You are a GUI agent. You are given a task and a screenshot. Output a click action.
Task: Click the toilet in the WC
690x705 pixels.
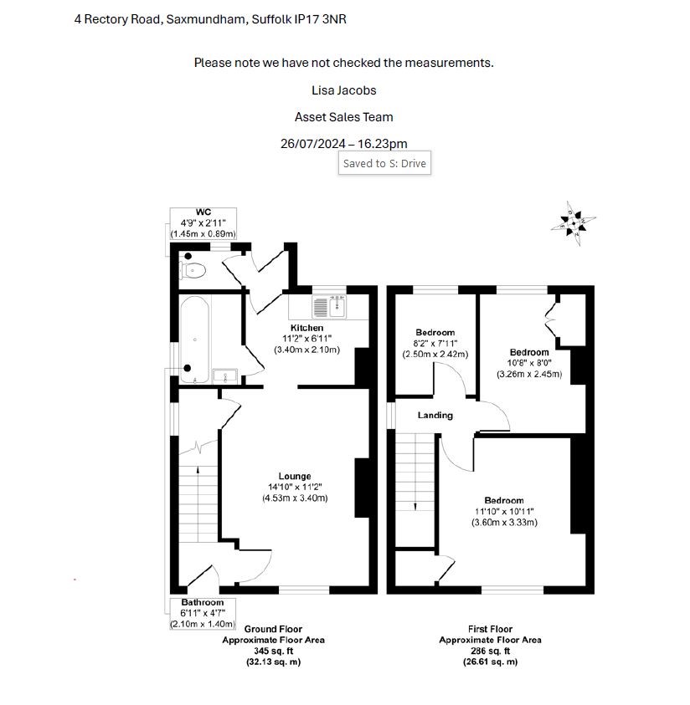tap(193, 271)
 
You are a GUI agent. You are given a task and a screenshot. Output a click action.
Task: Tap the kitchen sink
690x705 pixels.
tap(329, 307)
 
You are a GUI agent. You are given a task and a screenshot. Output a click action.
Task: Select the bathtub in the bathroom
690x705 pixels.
tap(194, 340)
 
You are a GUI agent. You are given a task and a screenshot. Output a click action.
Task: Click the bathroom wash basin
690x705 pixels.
tap(225, 375)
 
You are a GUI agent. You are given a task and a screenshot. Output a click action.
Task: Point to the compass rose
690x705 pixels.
tap(573, 223)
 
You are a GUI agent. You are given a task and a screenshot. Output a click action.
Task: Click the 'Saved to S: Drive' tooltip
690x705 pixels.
tap(384, 163)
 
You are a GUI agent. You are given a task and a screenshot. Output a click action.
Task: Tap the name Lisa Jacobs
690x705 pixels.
tap(344, 90)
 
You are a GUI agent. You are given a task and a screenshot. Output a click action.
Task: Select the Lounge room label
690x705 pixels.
tap(295, 476)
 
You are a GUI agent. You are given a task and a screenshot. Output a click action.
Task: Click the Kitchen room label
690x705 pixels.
tap(307, 328)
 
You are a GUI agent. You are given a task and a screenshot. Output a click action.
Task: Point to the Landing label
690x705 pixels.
tap(435, 416)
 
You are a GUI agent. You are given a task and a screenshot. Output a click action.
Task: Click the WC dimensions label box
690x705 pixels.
tap(203, 223)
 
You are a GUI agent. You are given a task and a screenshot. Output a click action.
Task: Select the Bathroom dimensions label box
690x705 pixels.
tap(203, 613)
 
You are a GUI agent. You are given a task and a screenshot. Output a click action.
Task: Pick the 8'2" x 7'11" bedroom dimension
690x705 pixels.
tap(435, 344)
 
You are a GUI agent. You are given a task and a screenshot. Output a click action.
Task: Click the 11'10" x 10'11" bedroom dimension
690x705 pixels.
tap(504, 512)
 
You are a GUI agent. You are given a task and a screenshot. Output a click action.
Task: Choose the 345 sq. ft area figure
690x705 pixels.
tap(274, 651)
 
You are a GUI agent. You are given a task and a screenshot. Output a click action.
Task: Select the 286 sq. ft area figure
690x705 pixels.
tap(491, 651)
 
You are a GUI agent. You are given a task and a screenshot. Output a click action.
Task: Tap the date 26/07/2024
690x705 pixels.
tap(313, 144)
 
